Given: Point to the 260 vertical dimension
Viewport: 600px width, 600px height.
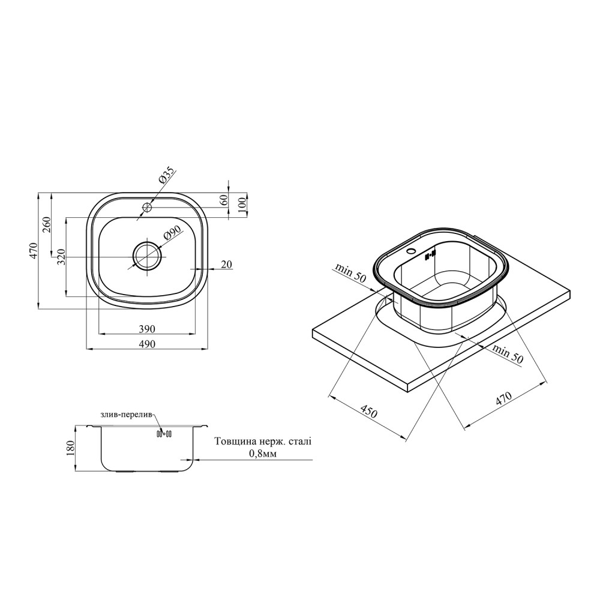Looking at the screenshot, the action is [46, 226].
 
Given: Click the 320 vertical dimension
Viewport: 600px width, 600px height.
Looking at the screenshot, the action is [61, 257].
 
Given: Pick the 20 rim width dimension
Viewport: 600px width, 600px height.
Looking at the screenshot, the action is [227, 264].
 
